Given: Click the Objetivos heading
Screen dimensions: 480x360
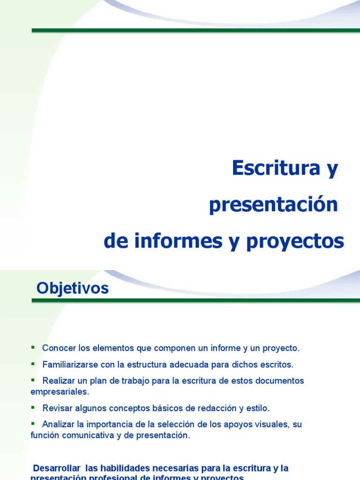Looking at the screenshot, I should (x=73, y=288).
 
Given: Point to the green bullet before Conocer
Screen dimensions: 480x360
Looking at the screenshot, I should (x=33, y=347).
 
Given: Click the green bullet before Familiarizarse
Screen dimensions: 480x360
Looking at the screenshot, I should (x=33, y=364).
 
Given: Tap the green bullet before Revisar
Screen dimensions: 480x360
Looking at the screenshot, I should (x=33, y=407).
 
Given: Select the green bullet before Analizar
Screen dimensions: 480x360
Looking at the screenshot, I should (x=33, y=423).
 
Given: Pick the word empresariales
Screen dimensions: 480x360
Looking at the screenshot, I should (x=60, y=391).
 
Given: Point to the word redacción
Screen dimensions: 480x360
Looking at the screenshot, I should (x=220, y=408).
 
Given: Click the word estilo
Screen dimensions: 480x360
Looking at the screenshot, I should (x=257, y=408).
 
